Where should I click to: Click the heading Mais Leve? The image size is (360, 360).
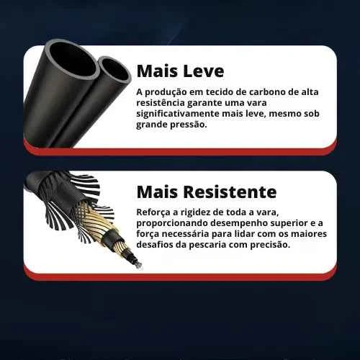point(180,71)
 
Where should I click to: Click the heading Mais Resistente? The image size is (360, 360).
point(206,192)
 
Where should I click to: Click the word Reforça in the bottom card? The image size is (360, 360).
point(154,212)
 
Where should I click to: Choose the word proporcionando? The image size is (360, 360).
point(172,222)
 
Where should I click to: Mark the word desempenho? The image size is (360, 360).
point(238,222)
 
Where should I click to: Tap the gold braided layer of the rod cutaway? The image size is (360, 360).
point(101,227)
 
